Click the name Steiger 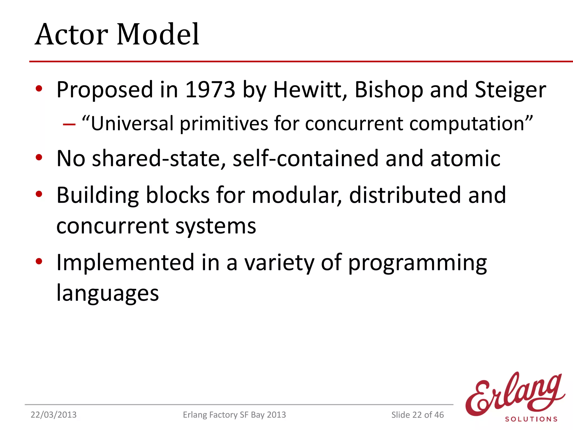[x=510, y=90]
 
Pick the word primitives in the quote [x=224, y=124]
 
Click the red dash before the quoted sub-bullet [x=69, y=124]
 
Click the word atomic [x=465, y=158]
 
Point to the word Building [x=98, y=195]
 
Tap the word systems [x=215, y=226]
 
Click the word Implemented [x=125, y=263]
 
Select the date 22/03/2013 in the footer [x=53, y=415]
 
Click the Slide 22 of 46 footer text [x=417, y=415]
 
